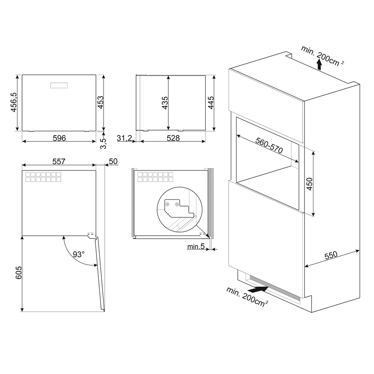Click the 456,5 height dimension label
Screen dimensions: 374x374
click(x=14, y=102)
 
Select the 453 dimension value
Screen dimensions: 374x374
click(x=101, y=102)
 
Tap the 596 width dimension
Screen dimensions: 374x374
click(x=59, y=138)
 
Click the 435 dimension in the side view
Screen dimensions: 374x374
click(x=165, y=103)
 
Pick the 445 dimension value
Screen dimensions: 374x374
click(x=211, y=102)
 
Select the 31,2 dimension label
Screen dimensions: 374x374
click(x=124, y=138)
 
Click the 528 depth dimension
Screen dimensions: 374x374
click(x=173, y=138)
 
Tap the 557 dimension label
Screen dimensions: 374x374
click(x=59, y=162)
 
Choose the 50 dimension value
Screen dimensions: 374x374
click(x=113, y=162)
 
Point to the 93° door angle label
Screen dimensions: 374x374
click(x=79, y=254)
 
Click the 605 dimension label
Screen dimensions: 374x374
click(x=18, y=272)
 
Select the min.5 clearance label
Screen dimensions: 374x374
click(x=196, y=246)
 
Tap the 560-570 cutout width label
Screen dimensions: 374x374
click(x=269, y=145)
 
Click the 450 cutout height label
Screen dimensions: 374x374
click(x=309, y=184)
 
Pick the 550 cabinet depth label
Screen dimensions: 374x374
click(x=331, y=255)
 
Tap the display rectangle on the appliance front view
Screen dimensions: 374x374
click(x=59, y=85)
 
